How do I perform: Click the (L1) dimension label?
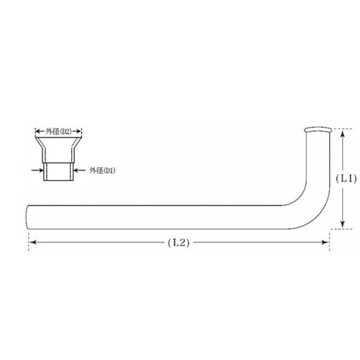(x=346, y=179)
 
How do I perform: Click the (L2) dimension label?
(x=179, y=243)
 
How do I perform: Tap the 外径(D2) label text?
(x=59, y=131)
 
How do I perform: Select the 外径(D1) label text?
(x=102, y=171)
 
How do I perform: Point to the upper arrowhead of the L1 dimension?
(x=343, y=132)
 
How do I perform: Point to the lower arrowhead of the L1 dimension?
(x=343, y=224)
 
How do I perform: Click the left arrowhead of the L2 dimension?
(x=32, y=243)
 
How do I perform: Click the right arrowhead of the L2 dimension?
(x=325, y=243)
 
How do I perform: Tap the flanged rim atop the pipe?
(x=318, y=130)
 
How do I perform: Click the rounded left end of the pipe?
(x=27, y=217)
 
